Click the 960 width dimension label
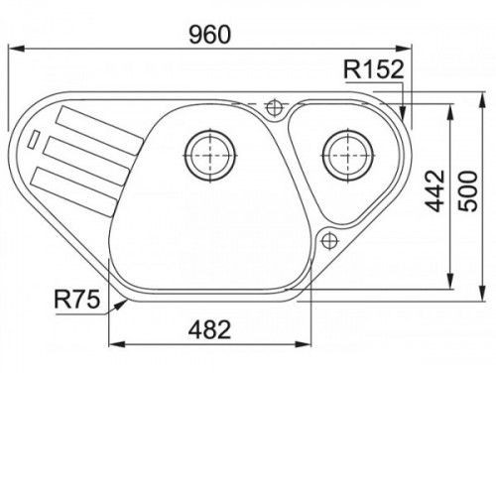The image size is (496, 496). [209, 35]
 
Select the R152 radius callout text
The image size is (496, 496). [374, 69]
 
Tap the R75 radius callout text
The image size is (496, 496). [77, 299]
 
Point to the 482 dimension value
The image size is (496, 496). [209, 329]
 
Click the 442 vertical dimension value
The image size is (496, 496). [435, 190]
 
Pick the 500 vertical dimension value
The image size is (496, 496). [468, 191]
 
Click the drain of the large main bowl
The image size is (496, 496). [210, 155]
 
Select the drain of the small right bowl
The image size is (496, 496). [348, 155]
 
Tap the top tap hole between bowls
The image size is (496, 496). [274, 107]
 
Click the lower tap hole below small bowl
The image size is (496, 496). [329, 240]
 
